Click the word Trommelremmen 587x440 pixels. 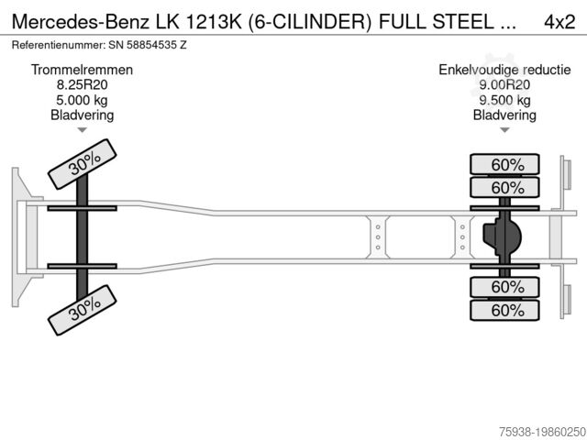tap(82, 71)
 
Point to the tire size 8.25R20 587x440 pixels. tap(82, 85)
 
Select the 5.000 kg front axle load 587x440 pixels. tap(82, 100)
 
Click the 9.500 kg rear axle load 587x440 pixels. tap(504, 100)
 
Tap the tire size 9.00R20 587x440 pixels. tap(504, 85)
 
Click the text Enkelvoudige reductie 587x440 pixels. tap(504, 71)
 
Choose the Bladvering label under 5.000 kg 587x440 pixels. tap(82, 115)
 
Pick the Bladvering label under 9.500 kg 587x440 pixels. tap(504, 115)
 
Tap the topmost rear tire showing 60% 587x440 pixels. tap(504, 165)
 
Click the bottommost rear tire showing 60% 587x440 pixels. tap(504, 311)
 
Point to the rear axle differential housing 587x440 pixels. tap(503, 237)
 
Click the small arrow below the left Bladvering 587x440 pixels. tap(82, 130)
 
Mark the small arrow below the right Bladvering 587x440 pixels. tap(504, 130)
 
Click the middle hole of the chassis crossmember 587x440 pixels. tap(377, 237)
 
